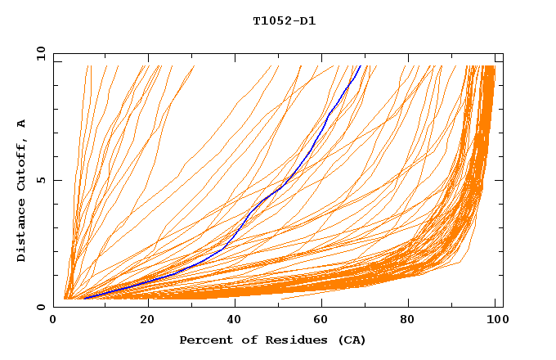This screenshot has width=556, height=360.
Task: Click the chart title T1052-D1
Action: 284,21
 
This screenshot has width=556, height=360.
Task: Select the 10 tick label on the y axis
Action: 39,53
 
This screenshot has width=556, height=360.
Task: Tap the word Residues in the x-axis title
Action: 280,340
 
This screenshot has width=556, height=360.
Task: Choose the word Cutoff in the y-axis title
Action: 21,163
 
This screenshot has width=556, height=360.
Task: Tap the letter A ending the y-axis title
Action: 21,123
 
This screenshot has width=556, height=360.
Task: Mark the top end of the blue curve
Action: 360,65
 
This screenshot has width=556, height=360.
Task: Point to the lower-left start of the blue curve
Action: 84,299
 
